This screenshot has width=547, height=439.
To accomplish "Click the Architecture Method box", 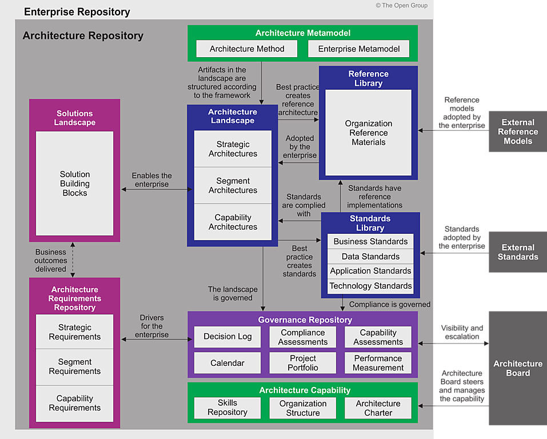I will click(247, 49).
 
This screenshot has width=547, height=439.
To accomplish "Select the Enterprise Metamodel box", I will click(358, 49).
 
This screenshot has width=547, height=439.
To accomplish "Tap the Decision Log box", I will click(227, 337).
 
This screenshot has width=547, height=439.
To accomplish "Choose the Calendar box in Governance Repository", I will click(227, 363).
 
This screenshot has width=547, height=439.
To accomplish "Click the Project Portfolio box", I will click(303, 363).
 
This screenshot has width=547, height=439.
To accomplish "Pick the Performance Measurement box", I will click(378, 363).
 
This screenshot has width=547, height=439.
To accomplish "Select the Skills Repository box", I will click(227, 408).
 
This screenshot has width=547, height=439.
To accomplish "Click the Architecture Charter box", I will click(378, 408).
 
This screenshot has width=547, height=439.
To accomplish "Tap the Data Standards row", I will click(370, 256).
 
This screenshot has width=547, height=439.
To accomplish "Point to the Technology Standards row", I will click(370, 286).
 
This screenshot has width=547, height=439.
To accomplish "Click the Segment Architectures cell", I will click(233, 185).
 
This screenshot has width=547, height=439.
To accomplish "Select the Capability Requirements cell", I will click(75, 403).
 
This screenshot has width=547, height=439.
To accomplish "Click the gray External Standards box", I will click(518, 252).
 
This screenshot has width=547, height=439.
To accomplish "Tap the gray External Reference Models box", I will click(518, 131).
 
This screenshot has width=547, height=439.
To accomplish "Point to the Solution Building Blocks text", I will click(75, 183).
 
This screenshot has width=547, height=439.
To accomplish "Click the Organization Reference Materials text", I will click(369, 133).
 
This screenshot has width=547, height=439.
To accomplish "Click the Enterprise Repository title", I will click(77, 11).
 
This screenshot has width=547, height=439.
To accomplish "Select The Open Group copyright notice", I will click(401, 5).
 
